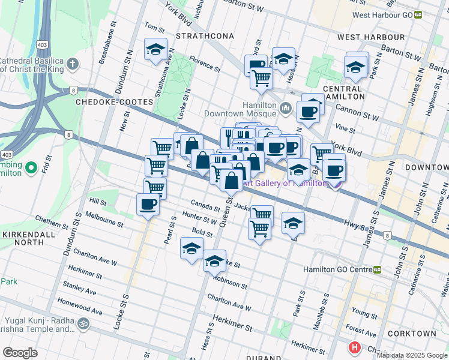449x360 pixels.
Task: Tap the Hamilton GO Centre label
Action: pos(338,270)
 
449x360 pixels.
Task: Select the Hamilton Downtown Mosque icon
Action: pos(285,109)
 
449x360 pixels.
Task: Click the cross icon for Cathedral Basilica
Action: pos(73,64)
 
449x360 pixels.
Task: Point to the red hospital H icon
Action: pos(355,347)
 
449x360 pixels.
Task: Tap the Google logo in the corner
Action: pos(20,352)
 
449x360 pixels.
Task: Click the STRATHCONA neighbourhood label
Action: pos(205,37)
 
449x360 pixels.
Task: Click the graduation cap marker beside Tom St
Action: pos(156,50)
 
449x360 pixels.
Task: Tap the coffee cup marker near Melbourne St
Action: pos(148,205)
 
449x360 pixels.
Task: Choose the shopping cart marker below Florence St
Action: pos(261,77)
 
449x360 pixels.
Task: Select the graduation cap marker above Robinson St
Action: pos(214,261)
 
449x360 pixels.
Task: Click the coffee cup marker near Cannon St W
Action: pos(309,111)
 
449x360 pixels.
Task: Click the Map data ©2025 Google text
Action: pos(412,355)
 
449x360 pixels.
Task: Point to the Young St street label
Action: pos(364,311)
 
